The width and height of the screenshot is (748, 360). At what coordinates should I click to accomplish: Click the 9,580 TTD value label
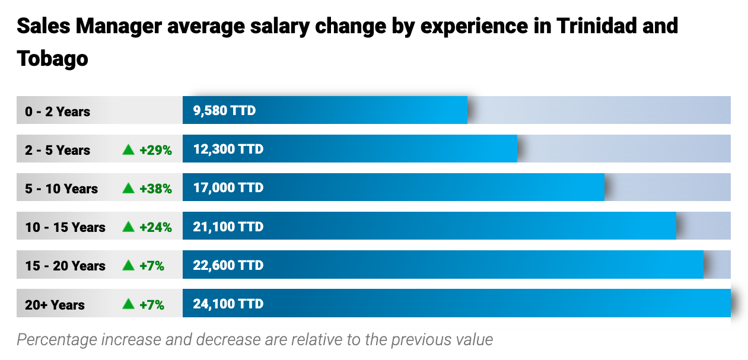click(x=224, y=110)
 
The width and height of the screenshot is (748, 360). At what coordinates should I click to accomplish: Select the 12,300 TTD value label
click(x=228, y=149)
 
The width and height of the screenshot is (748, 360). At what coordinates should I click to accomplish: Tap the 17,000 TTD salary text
click(x=228, y=187)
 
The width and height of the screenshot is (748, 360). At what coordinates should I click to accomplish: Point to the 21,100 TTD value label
click(x=228, y=227)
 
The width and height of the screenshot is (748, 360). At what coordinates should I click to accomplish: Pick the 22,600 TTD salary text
click(x=228, y=265)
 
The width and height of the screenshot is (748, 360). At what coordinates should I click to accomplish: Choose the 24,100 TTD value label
click(x=228, y=304)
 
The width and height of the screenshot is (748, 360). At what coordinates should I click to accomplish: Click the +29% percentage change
click(x=155, y=150)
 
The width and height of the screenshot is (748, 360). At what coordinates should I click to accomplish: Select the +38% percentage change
click(x=155, y=189)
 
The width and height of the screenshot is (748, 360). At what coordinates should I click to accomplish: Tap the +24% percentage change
click(x=155, y=227)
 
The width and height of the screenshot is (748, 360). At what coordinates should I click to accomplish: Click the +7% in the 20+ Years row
click(x=152, y=305)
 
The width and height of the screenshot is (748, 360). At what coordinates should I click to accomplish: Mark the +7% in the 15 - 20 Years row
click(x=152, y=266)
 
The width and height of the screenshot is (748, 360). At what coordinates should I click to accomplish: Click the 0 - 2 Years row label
click(x=58, y=111)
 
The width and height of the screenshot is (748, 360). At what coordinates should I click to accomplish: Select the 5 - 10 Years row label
click(x=61, y=189)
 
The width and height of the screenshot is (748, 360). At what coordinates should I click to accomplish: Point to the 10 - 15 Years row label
click(x=65, y=227)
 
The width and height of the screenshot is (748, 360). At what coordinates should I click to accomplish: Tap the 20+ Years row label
click(x=55, y=305)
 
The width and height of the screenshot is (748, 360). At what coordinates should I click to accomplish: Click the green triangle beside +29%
click(x=128, y=149)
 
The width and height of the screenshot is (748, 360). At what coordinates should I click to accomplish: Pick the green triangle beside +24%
click(x=128, y=227)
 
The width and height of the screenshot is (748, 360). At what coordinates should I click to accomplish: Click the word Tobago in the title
click(x=52, y=58)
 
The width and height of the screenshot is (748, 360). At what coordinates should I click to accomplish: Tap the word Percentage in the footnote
click(x=56, y=339)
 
